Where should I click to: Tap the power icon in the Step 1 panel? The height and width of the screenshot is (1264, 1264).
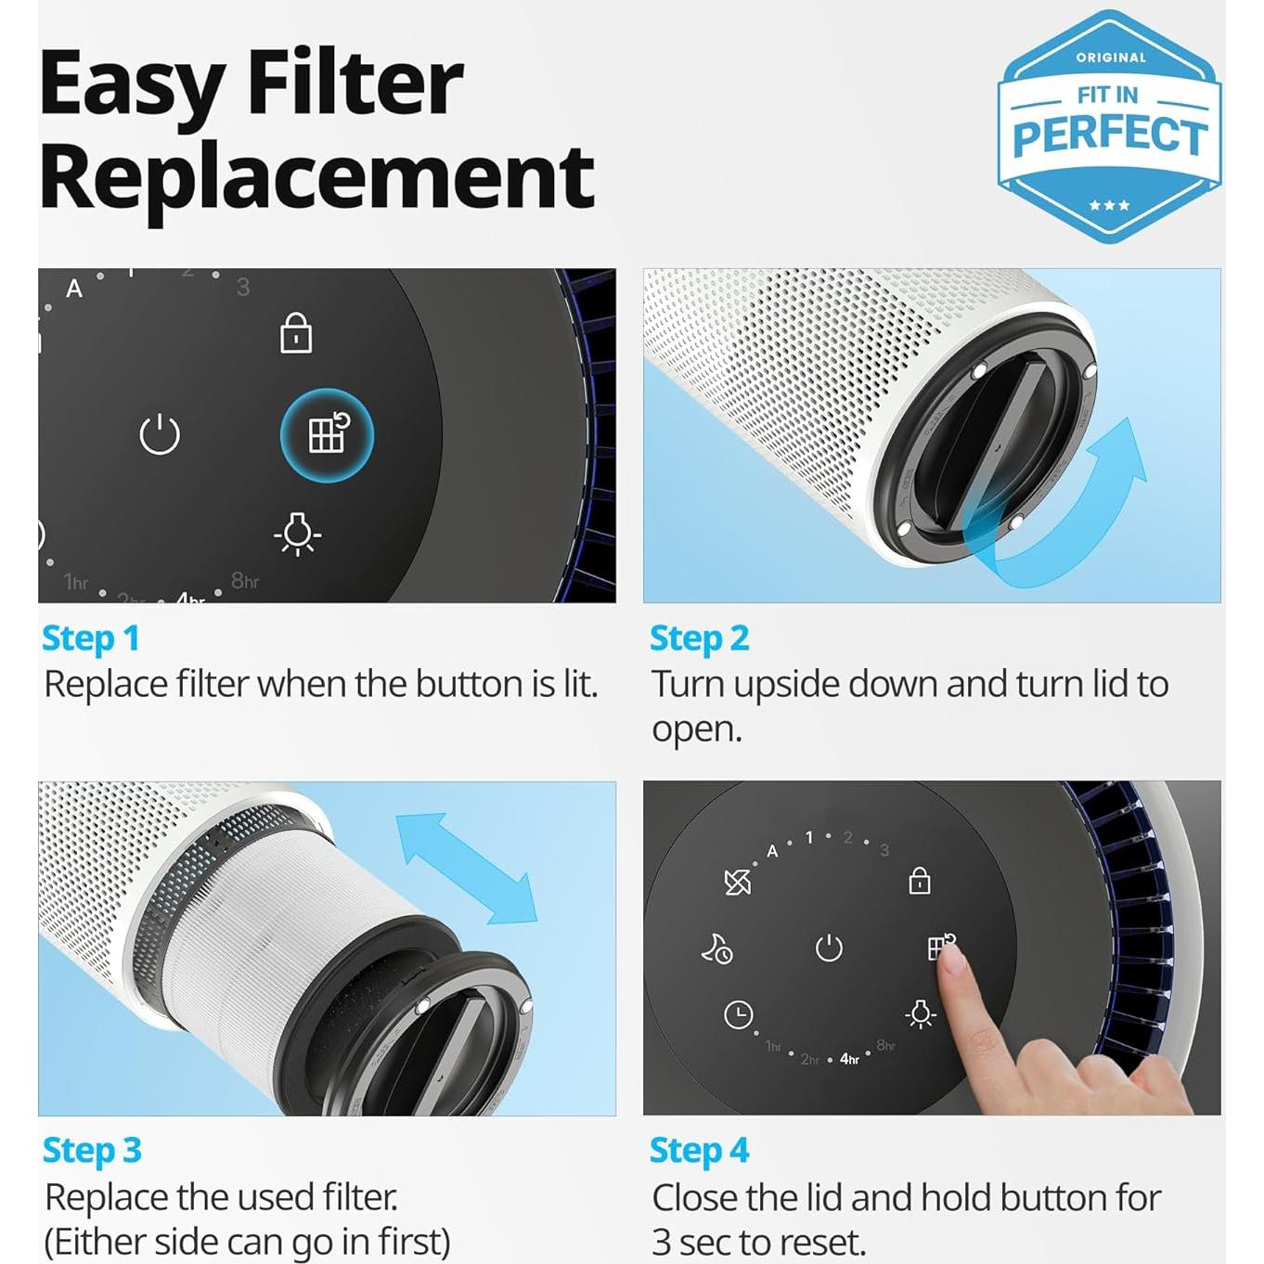point(159,434)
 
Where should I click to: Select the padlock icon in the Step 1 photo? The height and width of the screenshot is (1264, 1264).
point(296,333)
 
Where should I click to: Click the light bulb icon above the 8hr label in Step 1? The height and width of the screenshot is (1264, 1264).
point(297,534)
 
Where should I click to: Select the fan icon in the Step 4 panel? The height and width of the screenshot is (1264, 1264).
point(738,882)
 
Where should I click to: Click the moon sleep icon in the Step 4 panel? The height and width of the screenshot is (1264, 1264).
point(716,948)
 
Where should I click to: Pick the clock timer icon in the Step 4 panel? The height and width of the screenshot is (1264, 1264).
point(738,1014)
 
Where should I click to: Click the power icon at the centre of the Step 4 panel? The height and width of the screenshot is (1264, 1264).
point(829,948)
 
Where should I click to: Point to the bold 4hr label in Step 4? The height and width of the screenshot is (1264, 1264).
point(849,1059)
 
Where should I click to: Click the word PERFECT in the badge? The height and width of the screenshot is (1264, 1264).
point(1109,136)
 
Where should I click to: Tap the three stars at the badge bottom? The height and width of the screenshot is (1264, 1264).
point(1109,205)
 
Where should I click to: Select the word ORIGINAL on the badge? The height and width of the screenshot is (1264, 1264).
point(1111,58)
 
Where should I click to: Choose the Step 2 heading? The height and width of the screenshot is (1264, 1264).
point(699,638)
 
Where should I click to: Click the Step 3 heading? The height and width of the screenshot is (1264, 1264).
point(92,1151)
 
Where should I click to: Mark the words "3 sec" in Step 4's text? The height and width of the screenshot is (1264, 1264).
point(695,1242)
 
